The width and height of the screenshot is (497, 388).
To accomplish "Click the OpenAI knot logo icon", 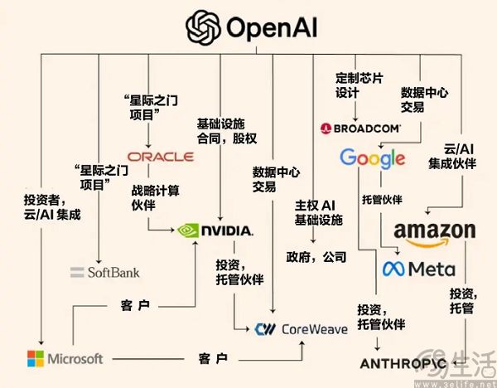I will point(202,29).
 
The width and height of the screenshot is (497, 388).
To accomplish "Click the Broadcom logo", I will point(360,129).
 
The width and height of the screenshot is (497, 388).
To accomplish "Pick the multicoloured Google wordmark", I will point(372,158).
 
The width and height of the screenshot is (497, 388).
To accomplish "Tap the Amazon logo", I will point(434,232).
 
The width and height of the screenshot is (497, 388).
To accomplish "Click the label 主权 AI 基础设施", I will point(316,211).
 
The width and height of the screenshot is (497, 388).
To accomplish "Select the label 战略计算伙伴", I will point(155,197).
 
